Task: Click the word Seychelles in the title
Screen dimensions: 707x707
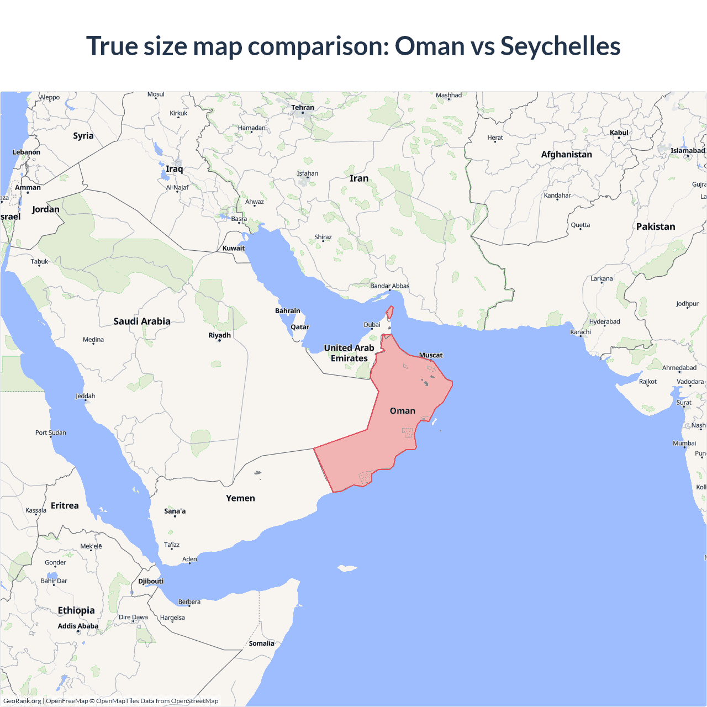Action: pyautogui.click(x=560, y=46)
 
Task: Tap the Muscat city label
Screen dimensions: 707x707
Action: pyautogui.click(x=431, y=355)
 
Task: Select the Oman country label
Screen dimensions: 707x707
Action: pyautogui.click(x=402, y=411)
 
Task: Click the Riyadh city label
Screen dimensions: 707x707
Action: pyautogui.click(x=219, y=335)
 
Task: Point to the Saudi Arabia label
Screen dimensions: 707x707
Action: pyautogui.click(x=142, y=321)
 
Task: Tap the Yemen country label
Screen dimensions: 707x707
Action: pyautogui.click(x=240, y=498)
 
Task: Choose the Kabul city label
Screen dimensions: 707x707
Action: pyautogui.click(x=619, y=133)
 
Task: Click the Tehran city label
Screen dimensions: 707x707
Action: pyautogui.click(x=303, y=108)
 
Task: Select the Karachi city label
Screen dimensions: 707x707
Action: pyautogui.click(x=581, y=332)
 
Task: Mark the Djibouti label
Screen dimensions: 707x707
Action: pyautogui.click(x=151, y=581)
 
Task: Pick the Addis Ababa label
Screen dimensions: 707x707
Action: pyautogui.click(x=78, y=626)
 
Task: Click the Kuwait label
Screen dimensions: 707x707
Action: pyautogui.click(x=234, y=248)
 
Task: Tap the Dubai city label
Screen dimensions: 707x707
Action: pyautogui.click(x=372, y=325)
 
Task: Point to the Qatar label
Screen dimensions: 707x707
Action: pyautogui.click(x=300, y=327)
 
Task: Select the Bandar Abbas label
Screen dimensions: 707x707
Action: pyautogui.click(x=389, y=286)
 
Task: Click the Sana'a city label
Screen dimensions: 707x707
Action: pyautogui.click(x=175, y=511)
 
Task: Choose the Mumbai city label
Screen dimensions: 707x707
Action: pyautogui.click(x=684, y=444)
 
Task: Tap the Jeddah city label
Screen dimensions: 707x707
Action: pyautogui.click(x=86, y=396)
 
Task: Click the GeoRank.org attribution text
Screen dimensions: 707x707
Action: pyautogui.click(x=22, y=701)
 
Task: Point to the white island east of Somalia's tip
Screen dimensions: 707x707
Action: pyautogui.click(x=347, y=568)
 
